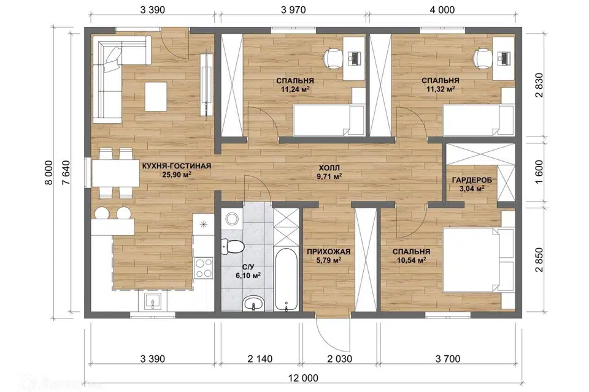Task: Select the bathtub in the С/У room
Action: click(287, 279)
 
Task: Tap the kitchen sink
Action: click(153, 301)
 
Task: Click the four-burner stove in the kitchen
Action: click(204, 268)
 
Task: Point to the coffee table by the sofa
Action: click(156, 96)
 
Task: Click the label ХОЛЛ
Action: click(329, 167)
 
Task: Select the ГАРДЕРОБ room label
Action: click(472, 181)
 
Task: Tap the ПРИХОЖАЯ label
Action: click(329, 252)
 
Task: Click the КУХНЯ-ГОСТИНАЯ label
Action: click(177, 166)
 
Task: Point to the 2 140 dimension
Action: click(260, 359)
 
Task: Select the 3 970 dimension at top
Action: click(293, 10)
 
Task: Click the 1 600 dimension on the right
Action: click(539, 171)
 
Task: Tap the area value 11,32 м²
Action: click(441, 89)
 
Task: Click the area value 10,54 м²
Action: click(411, 260)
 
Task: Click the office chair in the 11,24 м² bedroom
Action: click(333, 58)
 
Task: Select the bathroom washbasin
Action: click(253, 303)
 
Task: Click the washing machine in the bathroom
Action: click(232, 218)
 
